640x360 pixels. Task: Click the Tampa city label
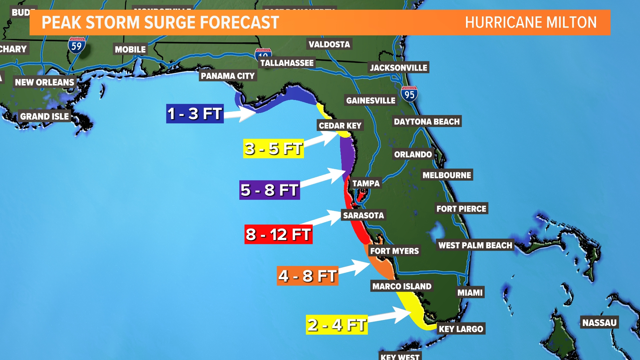(x=366, y=183)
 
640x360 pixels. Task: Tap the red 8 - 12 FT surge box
(x=278, y=234)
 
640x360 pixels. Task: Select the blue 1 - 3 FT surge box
(x=195, y=114)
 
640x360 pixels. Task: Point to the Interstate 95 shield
(x=409, y=94)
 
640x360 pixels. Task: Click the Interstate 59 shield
(x=77, y=45)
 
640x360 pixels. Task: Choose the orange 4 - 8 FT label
(x=307, y=276)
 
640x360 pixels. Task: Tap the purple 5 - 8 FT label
(x=269, y=190)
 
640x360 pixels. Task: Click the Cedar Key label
(x=340, y=126)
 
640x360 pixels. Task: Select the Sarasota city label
(x=363, y=215)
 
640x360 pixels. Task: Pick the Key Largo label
(x=461, y=329)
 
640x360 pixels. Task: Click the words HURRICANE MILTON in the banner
(x=531, y=23)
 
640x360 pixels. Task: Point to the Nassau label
(x=599, y=323)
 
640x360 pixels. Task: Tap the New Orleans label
(x=44, y=82)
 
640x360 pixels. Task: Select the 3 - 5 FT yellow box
(x=273, y=149)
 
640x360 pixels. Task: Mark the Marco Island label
(x=402, y=286)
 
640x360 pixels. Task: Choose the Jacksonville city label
(x=398, y=68)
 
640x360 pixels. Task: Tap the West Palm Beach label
(x=475, y=245)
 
